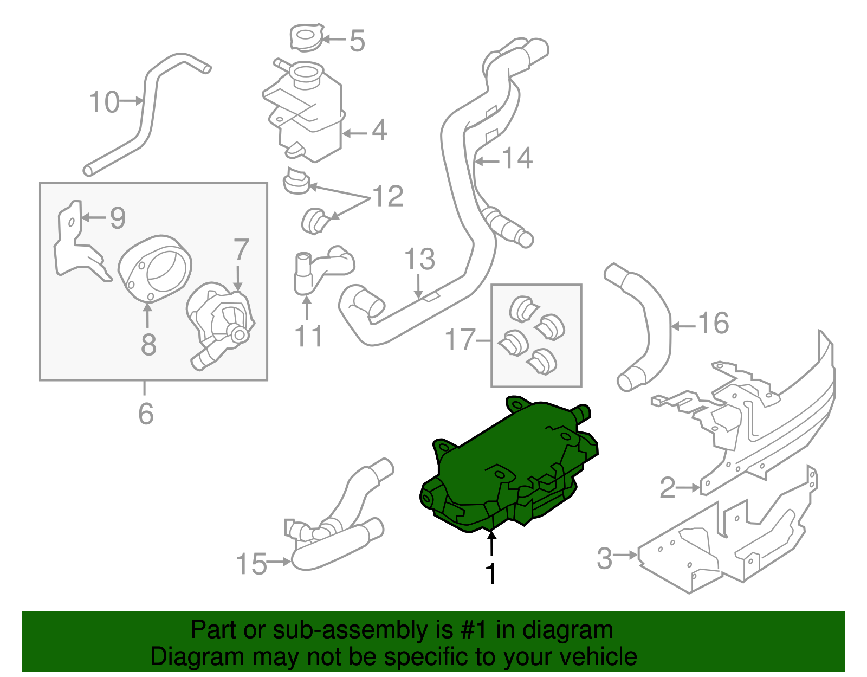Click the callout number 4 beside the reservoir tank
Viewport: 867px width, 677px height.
(x=380, y=131)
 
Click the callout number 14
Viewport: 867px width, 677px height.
(x=517, y=158)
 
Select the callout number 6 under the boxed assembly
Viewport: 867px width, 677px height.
(x=146, y=414)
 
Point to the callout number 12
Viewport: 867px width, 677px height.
(x=388, y=196)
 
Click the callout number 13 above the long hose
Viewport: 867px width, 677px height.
(x=420, y=259)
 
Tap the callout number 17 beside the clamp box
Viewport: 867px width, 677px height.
(x=460, y=340)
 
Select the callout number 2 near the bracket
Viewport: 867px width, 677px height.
(x=668, y=488)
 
